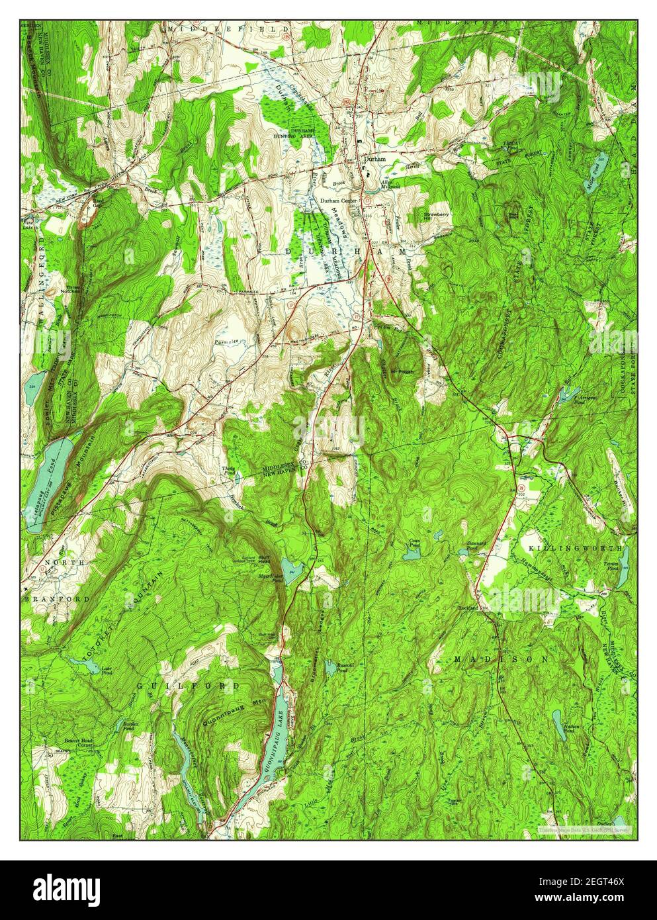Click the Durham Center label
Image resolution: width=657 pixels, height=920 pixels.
338,200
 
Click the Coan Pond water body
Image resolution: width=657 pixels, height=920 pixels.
411,555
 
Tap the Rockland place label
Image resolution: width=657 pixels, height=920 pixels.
468,608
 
